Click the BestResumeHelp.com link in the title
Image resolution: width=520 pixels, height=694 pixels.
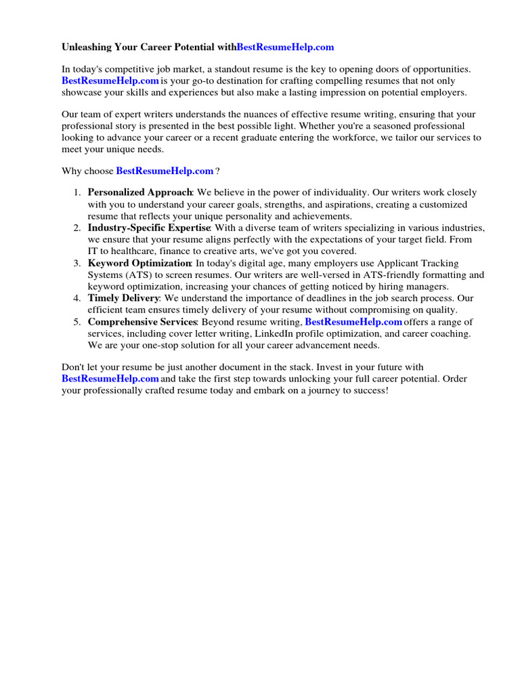(x=286, y=47)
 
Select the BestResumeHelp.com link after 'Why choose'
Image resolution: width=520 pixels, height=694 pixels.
(x=165, y=171)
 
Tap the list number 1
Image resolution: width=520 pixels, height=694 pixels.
(x=77, y=192)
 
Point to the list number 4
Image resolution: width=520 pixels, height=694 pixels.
(x=77, y=298)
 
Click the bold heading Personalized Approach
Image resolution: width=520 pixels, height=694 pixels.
(x=140, y=192)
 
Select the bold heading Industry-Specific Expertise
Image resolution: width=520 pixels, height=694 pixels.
(x=149, y=228)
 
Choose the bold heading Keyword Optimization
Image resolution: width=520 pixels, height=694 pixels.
(x=139, y=263)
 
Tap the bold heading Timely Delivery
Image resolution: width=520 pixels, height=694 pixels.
(x=123, y=298)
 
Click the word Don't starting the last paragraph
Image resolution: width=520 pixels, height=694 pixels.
(x=74, y=367)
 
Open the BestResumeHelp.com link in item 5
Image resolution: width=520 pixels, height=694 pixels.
(x=353, y=322)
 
